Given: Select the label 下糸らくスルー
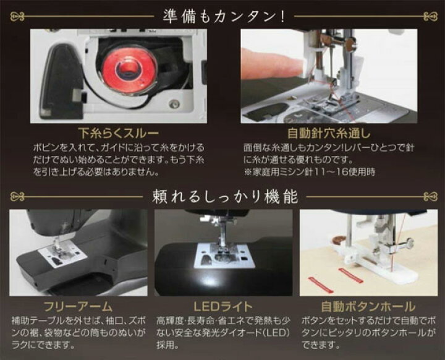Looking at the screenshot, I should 117,132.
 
